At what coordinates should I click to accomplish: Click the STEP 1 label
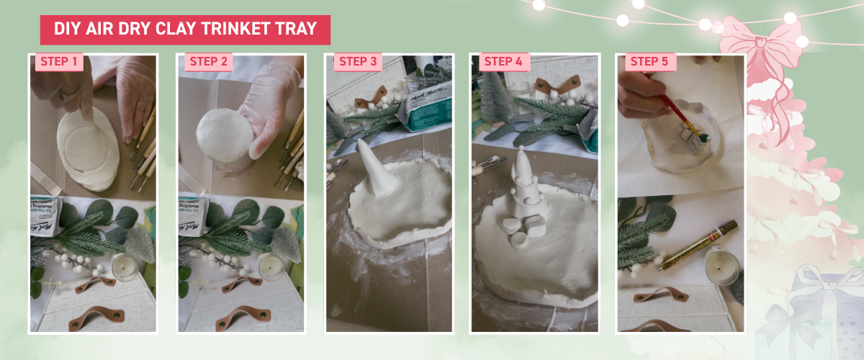(x=59, y=62)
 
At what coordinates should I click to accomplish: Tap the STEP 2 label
(x=208, y=62)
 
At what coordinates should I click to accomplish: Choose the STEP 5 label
(x=649, y=62)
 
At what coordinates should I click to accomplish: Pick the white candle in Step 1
(x=124, y=268)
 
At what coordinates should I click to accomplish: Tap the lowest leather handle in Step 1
(x=96, y=317)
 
